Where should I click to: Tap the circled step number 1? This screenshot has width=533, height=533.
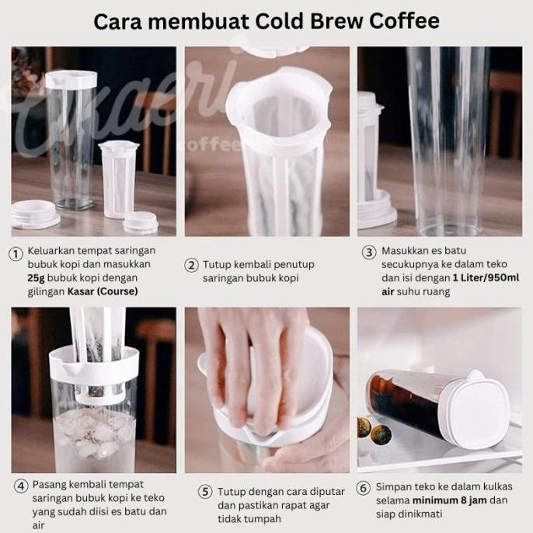pos(16,254)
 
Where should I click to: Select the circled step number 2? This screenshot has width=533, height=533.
pos(191,265)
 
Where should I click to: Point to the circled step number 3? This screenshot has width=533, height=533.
pos(369,253)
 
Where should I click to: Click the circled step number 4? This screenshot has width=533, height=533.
pos(21,486)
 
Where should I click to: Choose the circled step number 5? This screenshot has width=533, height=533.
pos(205,492)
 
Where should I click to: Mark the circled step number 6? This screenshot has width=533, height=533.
pos(363,489)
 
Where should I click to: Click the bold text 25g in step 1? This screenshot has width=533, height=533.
pos(36,278)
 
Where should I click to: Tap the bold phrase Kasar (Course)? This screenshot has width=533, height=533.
pos(103,291)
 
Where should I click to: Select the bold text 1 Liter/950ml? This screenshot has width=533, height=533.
pos(486,277)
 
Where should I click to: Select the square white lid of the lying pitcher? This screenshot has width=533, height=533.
pos(479,409)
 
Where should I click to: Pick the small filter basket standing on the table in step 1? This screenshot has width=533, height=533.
pos(119,179)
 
